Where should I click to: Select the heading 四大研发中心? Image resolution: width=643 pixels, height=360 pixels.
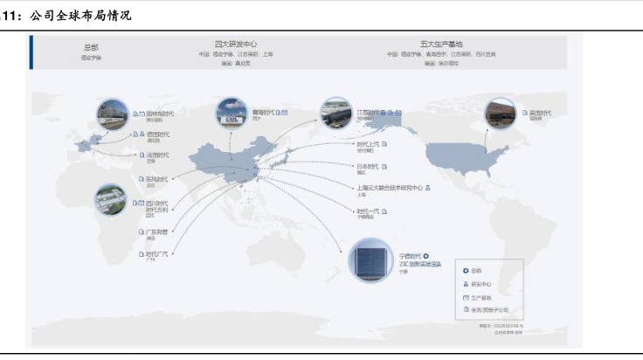(x=235, y=43)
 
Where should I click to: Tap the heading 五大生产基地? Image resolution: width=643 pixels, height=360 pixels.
(x=440, y=43)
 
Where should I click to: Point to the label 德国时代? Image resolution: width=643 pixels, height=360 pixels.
(x=158, y=135)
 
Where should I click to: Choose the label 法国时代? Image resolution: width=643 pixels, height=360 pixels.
(x=157, y=156)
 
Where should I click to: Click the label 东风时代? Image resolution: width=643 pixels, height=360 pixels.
(x=156, y=179)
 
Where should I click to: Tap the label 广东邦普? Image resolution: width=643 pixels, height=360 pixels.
(x=156, y=232)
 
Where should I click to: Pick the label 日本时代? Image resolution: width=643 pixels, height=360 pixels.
(x=367, y=166)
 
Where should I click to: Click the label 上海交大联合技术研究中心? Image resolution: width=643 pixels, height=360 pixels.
(x=389, y=187)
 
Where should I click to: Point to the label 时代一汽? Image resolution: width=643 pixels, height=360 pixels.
(x=367, y=211)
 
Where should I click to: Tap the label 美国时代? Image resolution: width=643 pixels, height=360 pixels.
(x=539, y=114)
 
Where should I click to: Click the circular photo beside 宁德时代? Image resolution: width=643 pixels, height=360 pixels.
(x=368, y=260)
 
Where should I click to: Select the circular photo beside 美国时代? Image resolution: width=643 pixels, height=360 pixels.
(x=501, y=116)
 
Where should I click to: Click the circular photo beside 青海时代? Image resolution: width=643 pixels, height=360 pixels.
(x=232, y=114)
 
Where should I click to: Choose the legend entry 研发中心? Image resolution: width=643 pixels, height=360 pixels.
(x=482, y=284)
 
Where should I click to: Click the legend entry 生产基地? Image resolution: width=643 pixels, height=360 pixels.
(x=482, y=297)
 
